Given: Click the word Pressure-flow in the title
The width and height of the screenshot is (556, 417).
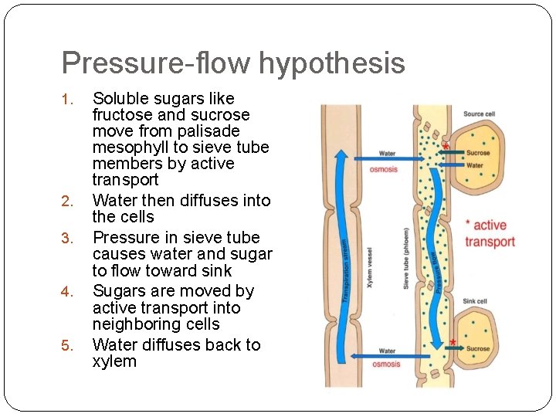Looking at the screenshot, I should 156,63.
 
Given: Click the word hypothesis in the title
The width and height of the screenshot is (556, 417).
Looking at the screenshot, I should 332,63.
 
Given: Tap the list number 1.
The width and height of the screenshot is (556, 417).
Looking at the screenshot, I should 68,100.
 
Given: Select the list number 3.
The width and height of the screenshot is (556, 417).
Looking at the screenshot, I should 68,239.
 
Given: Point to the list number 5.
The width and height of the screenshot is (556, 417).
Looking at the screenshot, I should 68,346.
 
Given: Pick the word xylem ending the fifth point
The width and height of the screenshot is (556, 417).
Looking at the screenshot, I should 114,361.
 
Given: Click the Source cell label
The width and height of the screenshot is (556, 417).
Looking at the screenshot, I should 479,114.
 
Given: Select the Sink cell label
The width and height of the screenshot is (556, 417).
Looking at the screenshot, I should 475,301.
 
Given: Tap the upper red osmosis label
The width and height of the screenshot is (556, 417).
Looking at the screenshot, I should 384,168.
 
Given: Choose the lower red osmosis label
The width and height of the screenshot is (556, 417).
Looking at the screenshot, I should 386,364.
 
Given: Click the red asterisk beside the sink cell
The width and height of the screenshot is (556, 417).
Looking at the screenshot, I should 453,341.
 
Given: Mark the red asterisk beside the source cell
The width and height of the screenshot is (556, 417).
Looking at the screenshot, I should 446,146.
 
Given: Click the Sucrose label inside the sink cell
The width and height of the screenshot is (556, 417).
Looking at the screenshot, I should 478,349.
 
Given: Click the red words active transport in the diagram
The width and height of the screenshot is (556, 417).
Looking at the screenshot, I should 490,233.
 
